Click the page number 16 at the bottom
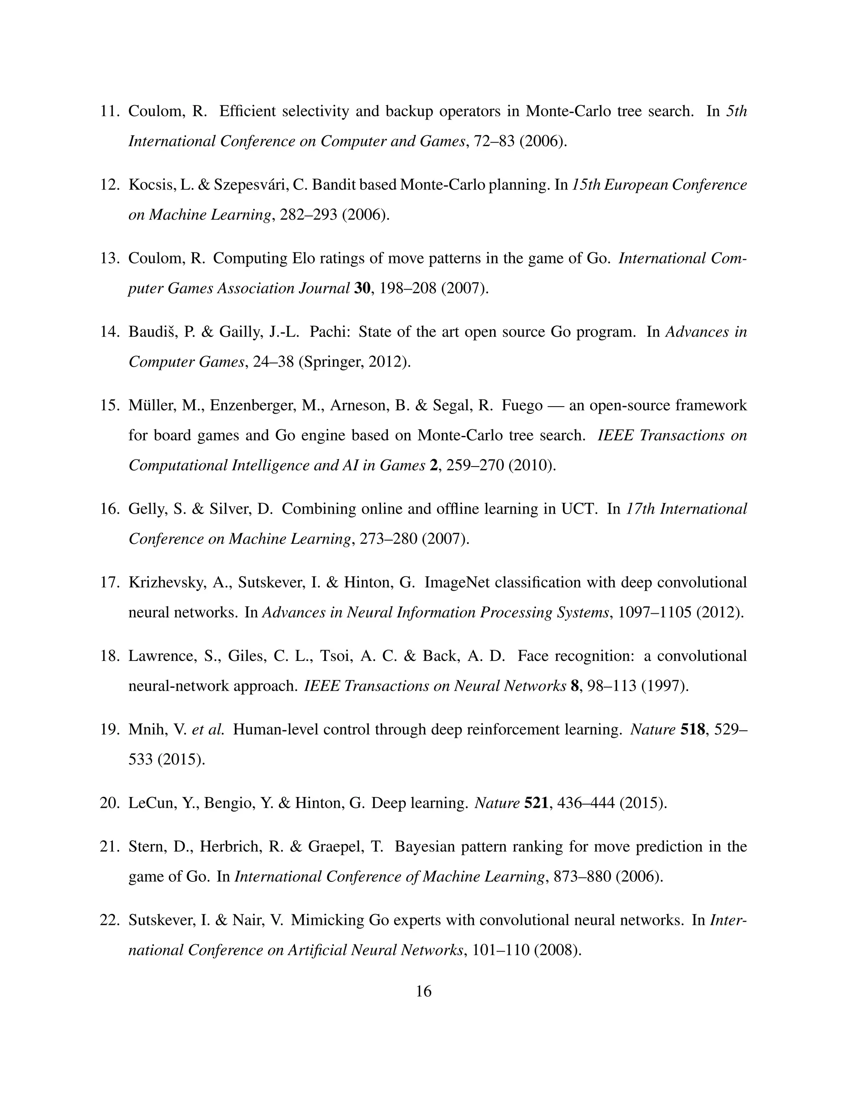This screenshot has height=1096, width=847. (423, 991)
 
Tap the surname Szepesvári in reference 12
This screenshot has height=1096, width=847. (248, 185)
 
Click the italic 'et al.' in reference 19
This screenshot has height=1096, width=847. (208, 729)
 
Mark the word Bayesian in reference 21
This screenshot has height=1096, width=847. (423, 847)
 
